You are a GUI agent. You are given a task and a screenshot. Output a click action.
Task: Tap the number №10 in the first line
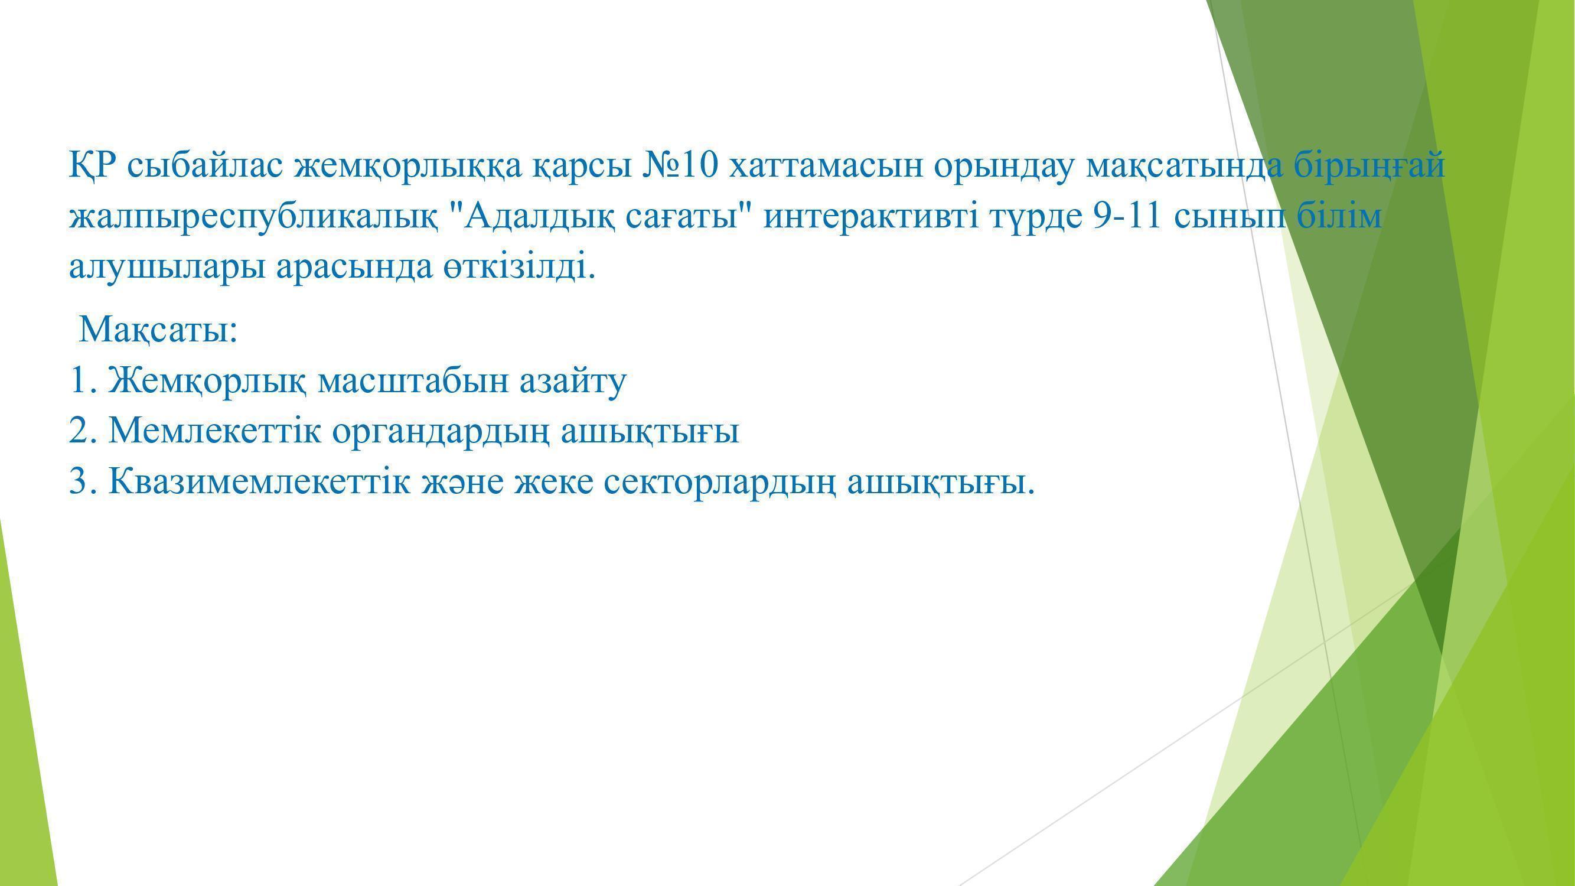pyautogui.click(x=679, y=165)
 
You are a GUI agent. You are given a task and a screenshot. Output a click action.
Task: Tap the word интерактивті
pyautogui.click(x=870, y=216)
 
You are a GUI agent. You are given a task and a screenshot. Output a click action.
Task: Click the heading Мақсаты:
pyautogui.click(x=158, y=329)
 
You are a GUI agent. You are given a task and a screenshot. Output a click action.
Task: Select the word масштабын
pyautogui.click(x=413, y=380)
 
